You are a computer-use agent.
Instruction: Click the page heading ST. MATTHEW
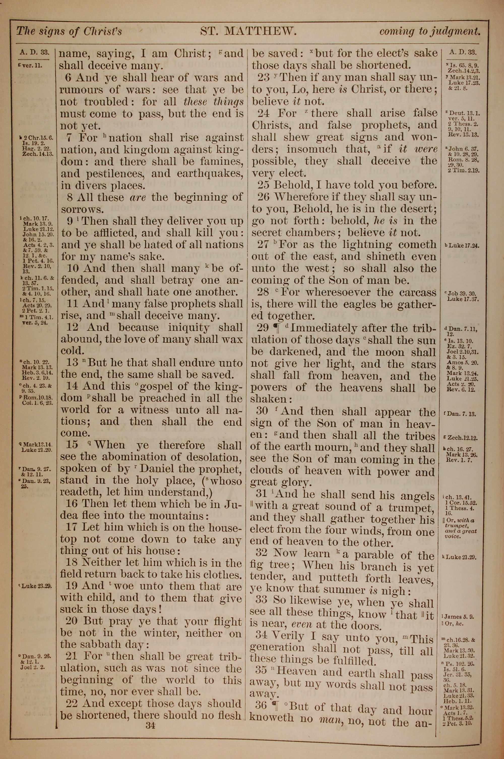click(248, 31)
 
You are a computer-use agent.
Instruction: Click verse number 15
click(72, 445)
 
